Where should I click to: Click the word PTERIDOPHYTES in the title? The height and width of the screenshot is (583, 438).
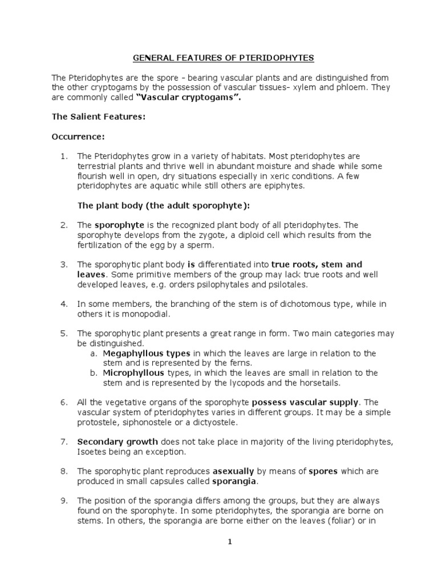pyautogui.click(x=273, y=58)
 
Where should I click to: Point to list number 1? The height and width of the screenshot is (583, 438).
pyautogui.click(x=63, y=156)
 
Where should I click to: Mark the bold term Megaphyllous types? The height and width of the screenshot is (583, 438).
pyautogui.click(x=147, y=353)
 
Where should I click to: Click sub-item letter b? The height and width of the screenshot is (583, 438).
pyautogui.click(x=94, y=372)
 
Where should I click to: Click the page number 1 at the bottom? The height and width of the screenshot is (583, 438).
pyautogui.click(x=229, y=542)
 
